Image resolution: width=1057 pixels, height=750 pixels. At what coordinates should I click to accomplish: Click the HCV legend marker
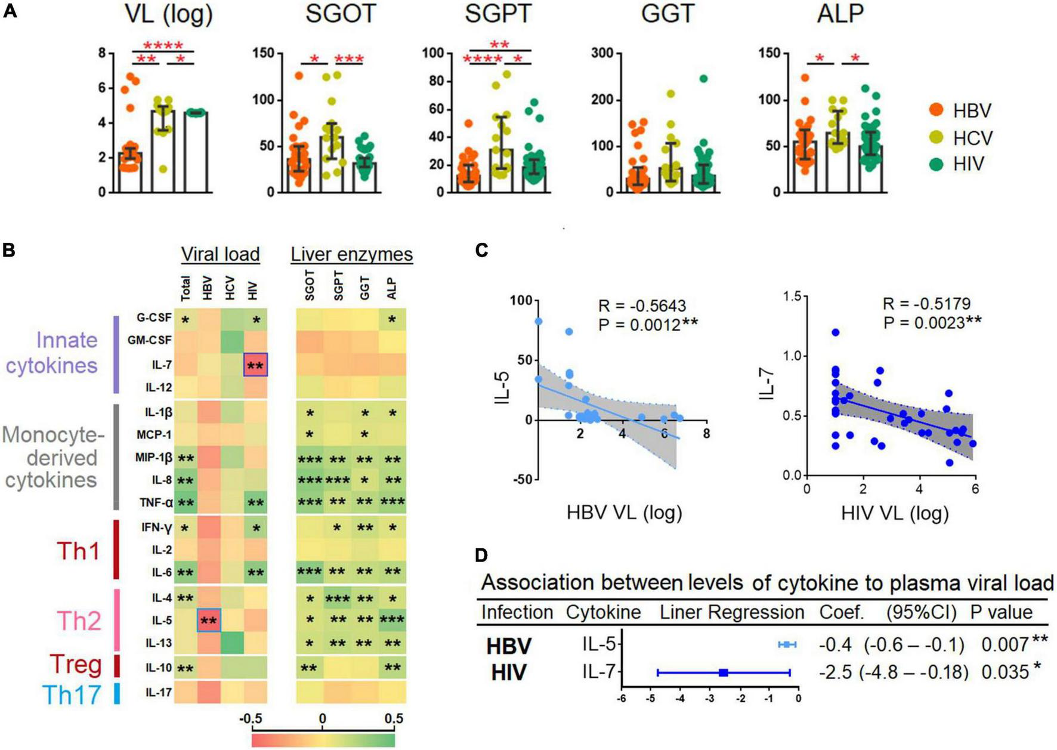pos(937,137)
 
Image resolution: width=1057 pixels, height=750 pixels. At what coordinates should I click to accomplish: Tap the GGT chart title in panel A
pos(667,14)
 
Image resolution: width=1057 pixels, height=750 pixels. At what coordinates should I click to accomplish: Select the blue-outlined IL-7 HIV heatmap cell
pos(256,364)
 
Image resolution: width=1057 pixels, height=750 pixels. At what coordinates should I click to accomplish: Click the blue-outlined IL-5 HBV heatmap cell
pos(209,621)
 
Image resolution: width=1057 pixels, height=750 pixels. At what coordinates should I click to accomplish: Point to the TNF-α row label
pos(157,503)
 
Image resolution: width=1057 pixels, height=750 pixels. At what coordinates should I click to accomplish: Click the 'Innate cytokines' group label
pos(52,352)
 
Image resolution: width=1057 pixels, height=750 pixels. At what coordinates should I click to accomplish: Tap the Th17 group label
pos(72,695)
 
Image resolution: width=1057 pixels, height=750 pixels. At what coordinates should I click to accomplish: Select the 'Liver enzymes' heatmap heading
pos(351,254)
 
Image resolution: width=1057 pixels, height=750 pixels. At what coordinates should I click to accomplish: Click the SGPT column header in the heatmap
pos(338,285)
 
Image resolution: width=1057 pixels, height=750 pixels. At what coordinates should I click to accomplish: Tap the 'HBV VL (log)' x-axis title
pos(624,513)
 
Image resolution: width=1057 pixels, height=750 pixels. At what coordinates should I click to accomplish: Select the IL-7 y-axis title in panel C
pos(769,385)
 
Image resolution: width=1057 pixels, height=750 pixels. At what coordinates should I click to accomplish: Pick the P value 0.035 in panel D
pos(1005,672)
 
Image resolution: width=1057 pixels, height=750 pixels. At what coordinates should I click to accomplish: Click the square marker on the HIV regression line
pos(724,672)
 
